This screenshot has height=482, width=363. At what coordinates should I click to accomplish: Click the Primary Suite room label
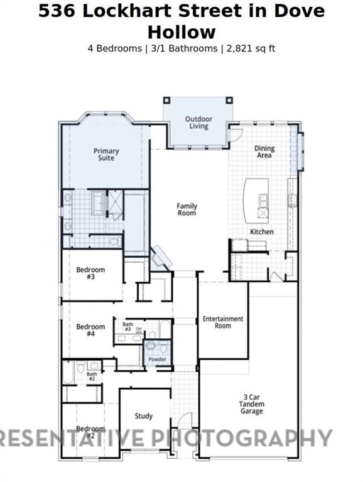[x=106, y=154]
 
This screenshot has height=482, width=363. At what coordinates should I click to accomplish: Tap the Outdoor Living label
[x=198, y=122]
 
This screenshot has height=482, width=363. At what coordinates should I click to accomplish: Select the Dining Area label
[x=264, y=151]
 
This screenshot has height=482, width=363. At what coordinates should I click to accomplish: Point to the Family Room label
[x=187, y=210]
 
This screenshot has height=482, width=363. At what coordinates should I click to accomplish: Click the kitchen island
[x=256, y=199]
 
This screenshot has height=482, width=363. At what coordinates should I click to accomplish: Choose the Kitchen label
[x=262, y=232]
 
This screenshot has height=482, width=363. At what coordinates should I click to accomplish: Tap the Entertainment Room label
[x=223, y=322]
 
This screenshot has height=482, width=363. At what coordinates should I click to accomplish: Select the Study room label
[x=144, y=416]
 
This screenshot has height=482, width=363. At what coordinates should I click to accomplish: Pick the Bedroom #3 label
[x=90, y=273]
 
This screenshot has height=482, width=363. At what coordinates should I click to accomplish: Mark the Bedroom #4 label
[x=90, y=330]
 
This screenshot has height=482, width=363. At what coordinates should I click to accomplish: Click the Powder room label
[x=158, y=360]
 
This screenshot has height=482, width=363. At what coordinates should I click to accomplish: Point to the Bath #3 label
[x=127, y=326]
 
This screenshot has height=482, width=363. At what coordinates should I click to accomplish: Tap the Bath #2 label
[x=92, y=377]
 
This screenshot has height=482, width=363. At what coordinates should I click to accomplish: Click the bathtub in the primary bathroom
[x=99, y=203]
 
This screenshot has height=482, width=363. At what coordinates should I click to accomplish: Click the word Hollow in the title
[x=181, y=32]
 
